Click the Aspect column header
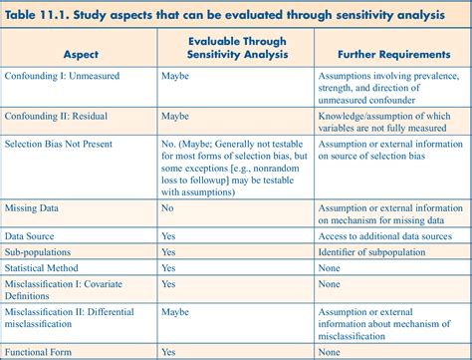pyautogui.click(x=80, y=56)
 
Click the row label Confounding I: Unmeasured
pyautogui.click(x=64, y=75)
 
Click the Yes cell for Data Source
pyautogui.click(x=168, y=235)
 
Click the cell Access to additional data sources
pyautogui.click(x=384, y=235)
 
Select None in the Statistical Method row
pyautogui.click(x=330, y=268)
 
